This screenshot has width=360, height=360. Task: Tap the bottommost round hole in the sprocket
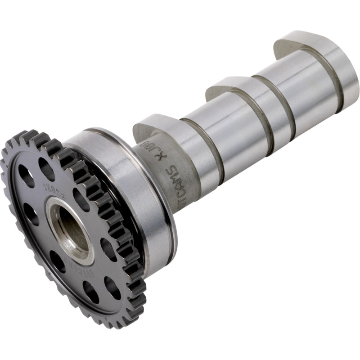pos(90,292)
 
